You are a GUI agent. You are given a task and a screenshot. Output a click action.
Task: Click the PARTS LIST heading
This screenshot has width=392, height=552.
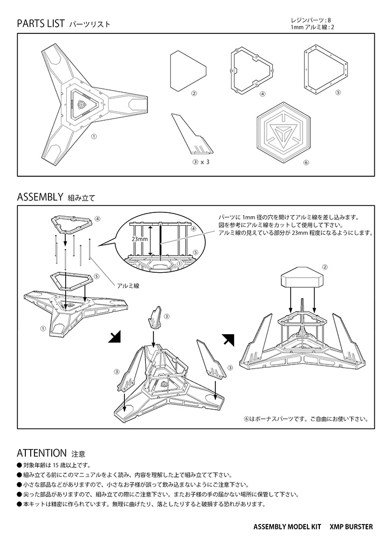point(41,24)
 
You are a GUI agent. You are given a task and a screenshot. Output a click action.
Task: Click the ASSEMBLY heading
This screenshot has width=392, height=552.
point(40,197)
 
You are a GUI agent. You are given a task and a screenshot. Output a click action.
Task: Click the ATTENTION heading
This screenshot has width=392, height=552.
point(41,452)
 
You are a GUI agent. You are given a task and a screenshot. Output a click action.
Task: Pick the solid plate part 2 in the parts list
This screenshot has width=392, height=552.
point(188,70)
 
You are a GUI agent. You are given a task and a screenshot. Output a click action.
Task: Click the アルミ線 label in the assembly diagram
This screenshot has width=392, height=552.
point(128,285)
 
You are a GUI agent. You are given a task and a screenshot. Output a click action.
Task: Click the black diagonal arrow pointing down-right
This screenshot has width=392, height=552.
point(115,337)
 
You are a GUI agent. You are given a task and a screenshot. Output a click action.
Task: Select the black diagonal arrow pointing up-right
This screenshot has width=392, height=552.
point(228,340)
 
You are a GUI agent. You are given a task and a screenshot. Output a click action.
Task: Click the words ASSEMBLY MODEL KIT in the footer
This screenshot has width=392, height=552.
point(286,527)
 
